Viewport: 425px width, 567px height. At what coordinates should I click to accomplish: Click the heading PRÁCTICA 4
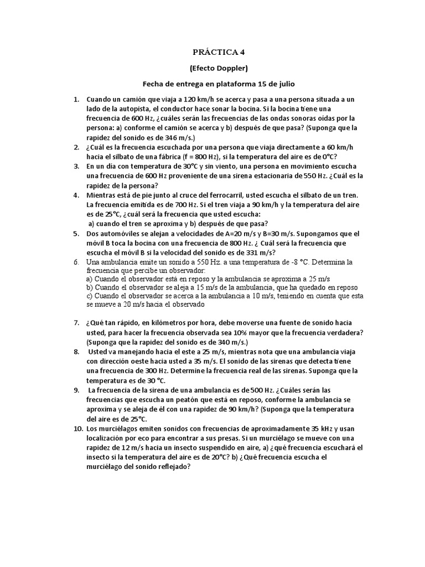click(x=218, y=53)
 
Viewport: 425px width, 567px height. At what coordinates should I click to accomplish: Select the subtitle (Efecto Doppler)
click(x=218, y=68)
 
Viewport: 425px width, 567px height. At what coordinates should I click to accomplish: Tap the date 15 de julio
click(x=276, y=84)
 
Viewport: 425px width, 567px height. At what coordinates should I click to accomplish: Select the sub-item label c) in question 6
click(x=90, y=296)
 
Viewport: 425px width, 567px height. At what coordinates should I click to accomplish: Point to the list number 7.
click(x=76, y=322)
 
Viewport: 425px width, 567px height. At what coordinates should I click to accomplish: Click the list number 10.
click(x=77, y=428)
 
